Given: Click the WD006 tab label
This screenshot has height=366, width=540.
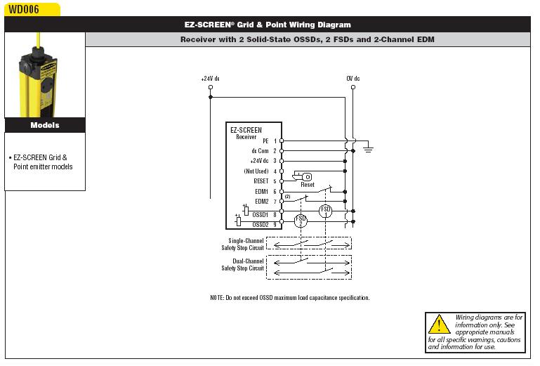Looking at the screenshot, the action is tap(23, 9).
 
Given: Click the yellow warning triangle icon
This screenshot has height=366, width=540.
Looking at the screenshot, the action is tap(439, 324).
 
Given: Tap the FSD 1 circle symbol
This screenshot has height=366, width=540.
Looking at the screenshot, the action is tap(325, 211).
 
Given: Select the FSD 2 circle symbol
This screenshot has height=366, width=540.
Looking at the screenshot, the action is tap(301, 221).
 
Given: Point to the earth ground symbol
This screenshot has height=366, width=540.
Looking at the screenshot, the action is tap(368, 149).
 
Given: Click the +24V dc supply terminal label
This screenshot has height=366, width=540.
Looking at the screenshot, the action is tap(210, 79).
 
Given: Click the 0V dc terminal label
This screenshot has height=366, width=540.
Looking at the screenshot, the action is tap(353, 79).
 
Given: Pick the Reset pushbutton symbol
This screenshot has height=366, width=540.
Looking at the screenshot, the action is tap(302, 177).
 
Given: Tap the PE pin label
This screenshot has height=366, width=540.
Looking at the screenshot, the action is tap(265, 141).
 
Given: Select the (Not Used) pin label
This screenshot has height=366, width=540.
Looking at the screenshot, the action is tap(256, 171).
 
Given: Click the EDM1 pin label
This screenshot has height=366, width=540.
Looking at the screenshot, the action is tap(262, 192).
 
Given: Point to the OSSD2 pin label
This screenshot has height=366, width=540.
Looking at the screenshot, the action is tap(261, 225).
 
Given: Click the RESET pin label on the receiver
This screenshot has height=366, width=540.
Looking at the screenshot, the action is tap(261, 181).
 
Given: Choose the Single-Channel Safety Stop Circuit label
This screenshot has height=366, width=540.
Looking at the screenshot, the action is tap(242, 244).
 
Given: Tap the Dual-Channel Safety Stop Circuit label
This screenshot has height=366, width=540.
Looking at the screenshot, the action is tap(242, 265).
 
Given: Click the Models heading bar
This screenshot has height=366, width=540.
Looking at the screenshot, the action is tap(45, 125).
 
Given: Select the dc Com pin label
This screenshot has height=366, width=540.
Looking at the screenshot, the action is tap(260, 151).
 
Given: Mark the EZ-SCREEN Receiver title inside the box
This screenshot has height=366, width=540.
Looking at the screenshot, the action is tap(246, 133).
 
